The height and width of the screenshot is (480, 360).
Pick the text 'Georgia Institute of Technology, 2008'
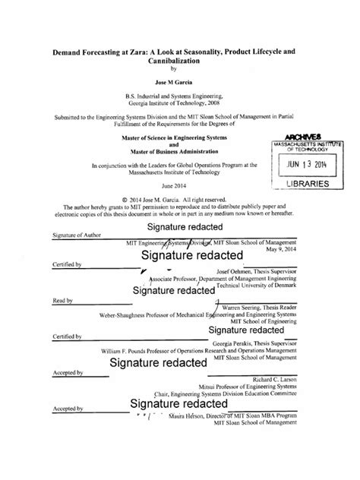[x=179, y=103]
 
